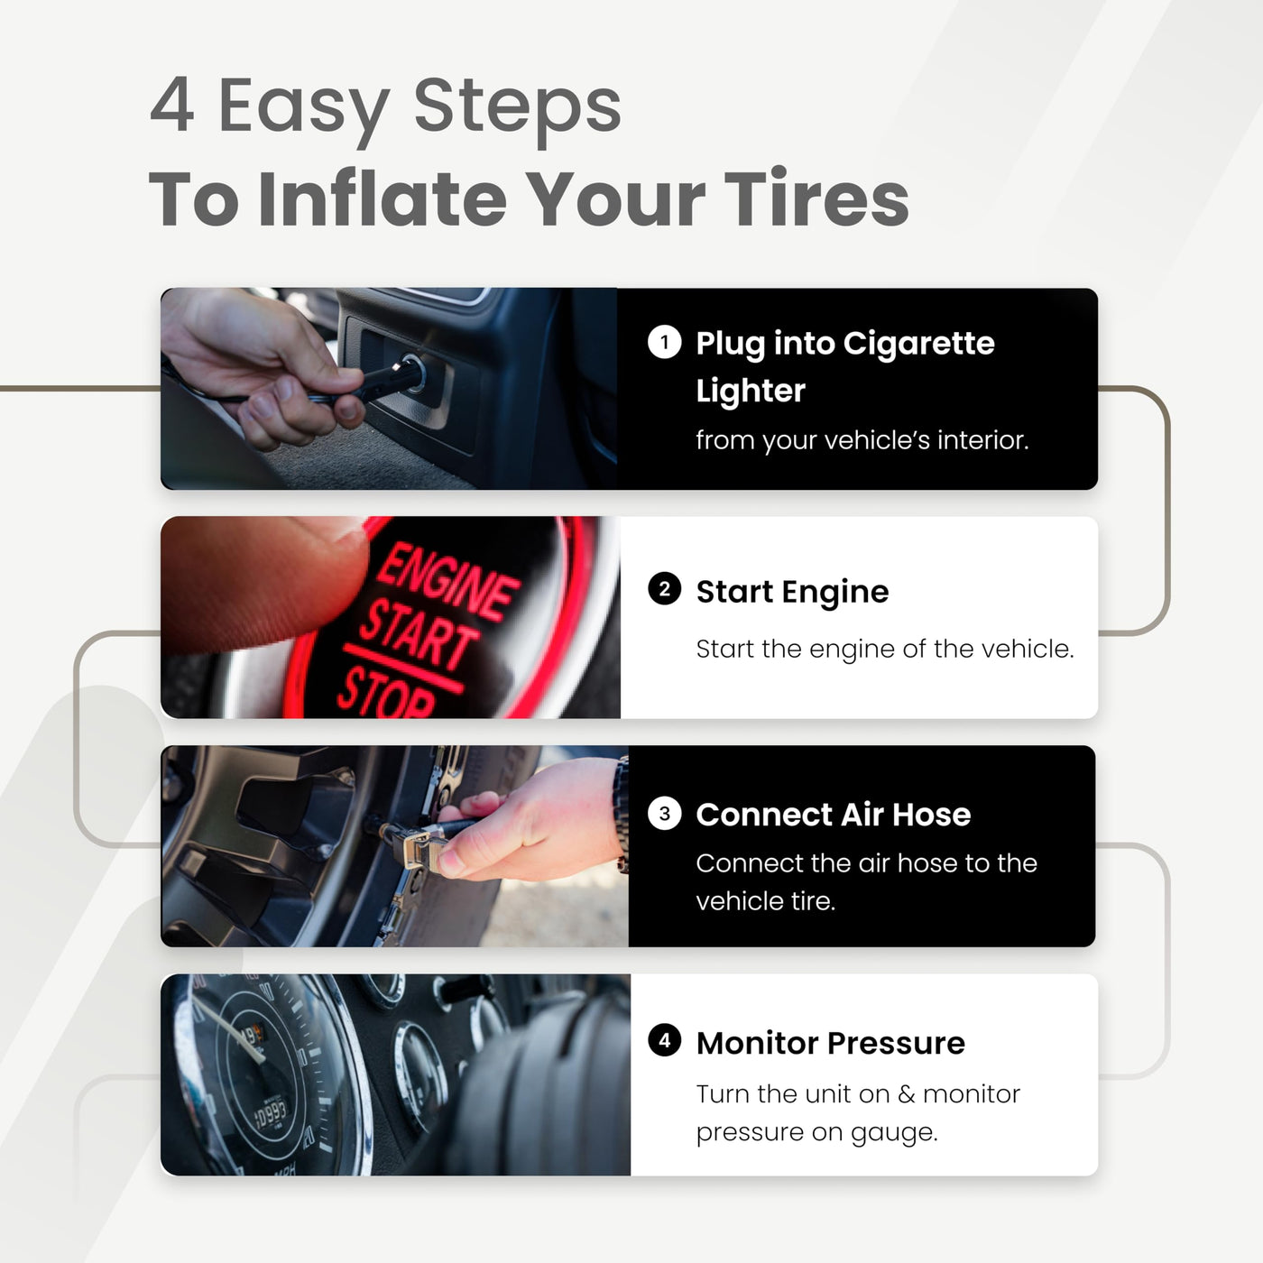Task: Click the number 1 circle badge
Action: [x=664, y=342]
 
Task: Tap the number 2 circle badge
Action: [x=664, y=588]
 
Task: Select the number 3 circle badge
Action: [x=664, y=814]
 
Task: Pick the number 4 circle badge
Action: [x=664, y=1040]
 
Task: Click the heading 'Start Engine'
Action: [x=792, y=591]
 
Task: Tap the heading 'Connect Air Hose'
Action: [x=833, y=815]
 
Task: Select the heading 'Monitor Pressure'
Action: [x=830, y=1042]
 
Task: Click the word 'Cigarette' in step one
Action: [x=918, y=343]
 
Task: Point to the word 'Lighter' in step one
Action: [x=751, y=391]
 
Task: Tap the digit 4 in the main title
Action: [x=172, y=105]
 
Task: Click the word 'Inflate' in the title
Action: [x=383, y=198]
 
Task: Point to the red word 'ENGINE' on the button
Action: [x=449, y=581]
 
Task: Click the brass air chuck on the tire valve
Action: [x=411, y=845]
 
